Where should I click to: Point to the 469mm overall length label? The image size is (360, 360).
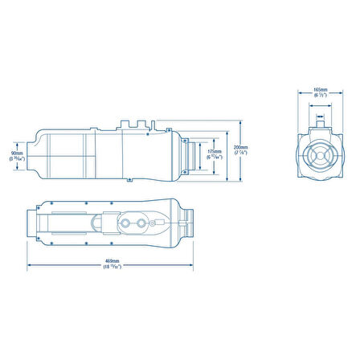click(112, 261)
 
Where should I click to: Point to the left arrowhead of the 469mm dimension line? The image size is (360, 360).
click(29, 265)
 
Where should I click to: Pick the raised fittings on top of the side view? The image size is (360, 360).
click(133, 125)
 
